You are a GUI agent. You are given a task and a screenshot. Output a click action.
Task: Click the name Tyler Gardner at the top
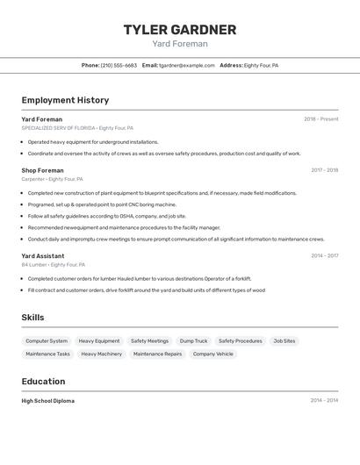(x=179, y=29)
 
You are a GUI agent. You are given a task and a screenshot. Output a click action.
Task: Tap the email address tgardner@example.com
(x=186, y=65)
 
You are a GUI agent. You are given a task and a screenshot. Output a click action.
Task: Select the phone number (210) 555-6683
(x=119, y=65)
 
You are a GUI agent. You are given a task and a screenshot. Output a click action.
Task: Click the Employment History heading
(x=65, y=100)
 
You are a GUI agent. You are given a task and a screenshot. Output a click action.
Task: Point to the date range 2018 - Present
(x=320, y=119)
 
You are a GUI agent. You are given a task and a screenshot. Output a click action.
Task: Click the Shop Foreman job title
(x=42, y=170)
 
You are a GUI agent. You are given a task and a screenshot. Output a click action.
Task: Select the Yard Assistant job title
(x=43, y=255)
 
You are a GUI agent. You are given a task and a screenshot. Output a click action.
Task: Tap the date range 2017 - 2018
(x=324, y=170)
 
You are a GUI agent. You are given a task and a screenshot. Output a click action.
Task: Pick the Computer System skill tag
(x=47, y=340)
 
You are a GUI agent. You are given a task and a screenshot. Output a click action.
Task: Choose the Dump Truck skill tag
(x=193, y=340)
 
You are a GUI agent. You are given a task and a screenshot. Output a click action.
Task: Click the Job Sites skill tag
(x=284, y=340)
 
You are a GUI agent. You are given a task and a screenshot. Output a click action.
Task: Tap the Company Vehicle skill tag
(x=213, y=354)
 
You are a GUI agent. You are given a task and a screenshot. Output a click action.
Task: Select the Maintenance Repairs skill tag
(x=157, y=354)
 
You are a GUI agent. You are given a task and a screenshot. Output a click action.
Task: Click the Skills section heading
(x=32, y=318)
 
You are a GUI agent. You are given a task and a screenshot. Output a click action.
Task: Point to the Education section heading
(x=43, y=382)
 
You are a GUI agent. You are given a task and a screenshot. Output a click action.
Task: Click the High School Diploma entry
(x=47, y=401)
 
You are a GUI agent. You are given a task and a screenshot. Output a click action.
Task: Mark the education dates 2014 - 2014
(x=324, y=401)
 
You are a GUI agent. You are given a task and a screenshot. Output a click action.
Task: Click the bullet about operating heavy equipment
(x=93, y=141)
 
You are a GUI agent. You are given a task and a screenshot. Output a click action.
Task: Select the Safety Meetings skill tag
(x=149, y=340)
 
